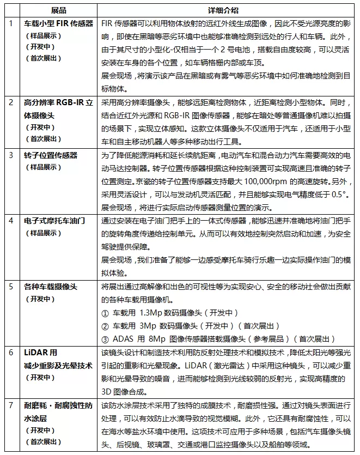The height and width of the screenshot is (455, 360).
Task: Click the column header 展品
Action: point(59,11)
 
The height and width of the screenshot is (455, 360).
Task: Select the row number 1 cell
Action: point(10,24)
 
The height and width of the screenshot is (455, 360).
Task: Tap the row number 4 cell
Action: point(10,221)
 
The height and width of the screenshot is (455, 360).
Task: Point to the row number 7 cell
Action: point(10,406)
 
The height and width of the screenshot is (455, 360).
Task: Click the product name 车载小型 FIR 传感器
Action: point(59,24)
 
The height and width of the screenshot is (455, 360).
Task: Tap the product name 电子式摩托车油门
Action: point(55,221)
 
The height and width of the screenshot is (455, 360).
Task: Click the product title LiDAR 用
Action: point(40,353)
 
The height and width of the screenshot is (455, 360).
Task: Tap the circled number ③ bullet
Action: point(106,339)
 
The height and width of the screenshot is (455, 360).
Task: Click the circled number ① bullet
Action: point(106,313)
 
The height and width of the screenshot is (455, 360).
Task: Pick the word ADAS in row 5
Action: point(123,339)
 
